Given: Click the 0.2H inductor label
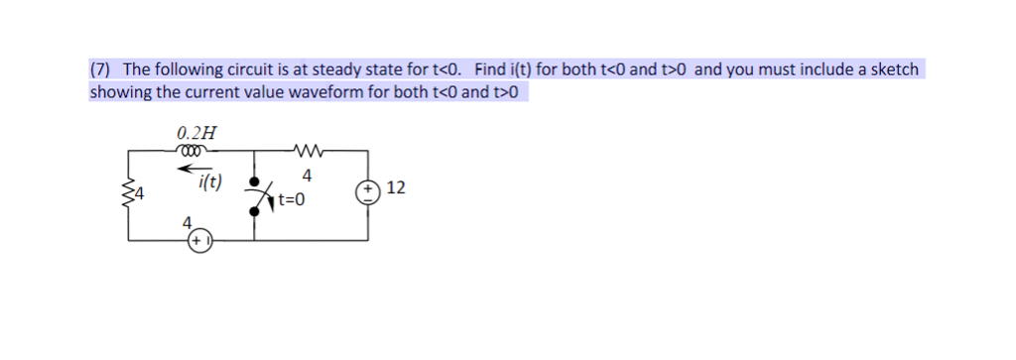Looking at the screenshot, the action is [x=195, y=133].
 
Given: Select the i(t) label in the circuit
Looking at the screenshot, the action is [x=210, y=181].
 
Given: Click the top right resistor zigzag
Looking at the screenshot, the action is [x=307, y=152].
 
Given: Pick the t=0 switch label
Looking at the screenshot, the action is [x=293, y=199].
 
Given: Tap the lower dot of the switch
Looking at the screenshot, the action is [x=257, y=210].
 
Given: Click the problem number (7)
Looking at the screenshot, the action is [x=101, y=69].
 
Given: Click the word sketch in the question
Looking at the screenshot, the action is [x=894, y=69].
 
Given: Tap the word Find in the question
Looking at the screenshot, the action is [x=490, y=69].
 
